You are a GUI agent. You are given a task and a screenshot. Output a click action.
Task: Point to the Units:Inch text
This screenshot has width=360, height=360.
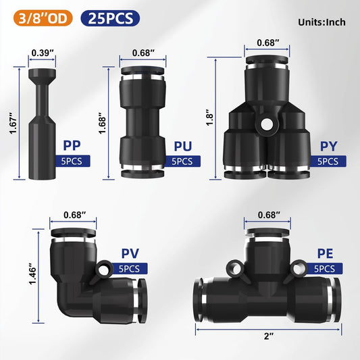(322, 22)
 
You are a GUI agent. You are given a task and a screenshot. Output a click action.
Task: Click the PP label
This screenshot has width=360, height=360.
(73, 145)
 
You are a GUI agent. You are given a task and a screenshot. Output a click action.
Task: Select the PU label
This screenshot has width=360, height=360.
(182, 145)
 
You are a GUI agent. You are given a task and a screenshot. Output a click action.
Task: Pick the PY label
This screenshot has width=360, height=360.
(329, 145)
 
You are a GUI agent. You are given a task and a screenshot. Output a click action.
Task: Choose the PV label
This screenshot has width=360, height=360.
(128, 253)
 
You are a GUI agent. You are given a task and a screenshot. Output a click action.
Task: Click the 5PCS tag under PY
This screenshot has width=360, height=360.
(329, 161)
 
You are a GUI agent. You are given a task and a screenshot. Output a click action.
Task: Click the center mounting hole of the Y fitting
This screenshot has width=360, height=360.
(269, 124)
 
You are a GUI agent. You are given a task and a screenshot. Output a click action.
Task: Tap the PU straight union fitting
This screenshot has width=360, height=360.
(141, 122)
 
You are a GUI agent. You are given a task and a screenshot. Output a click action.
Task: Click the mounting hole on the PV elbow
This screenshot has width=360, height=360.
(106, 271)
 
